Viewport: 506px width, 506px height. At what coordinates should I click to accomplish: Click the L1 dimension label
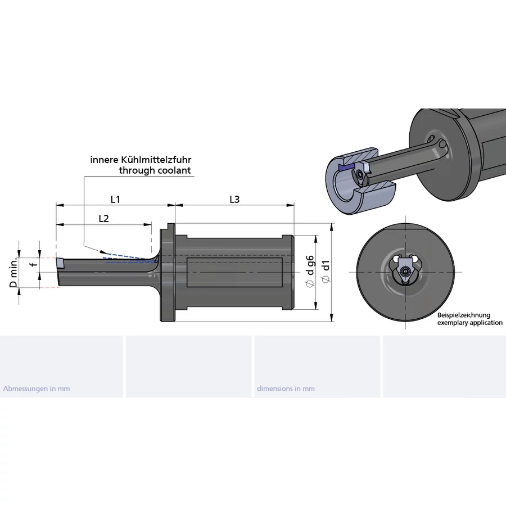(115, 199)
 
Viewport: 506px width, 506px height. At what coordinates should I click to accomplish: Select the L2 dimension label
(103, 219)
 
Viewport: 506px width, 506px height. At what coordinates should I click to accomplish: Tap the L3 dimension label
(235, 199)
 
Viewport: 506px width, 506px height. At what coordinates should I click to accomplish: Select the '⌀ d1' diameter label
(326, 273)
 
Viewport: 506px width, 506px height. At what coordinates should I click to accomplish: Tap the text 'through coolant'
(155, 170)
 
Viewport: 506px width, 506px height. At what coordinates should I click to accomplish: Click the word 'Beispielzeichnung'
(464, 315)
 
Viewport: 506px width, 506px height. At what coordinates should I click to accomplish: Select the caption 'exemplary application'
(470, 323)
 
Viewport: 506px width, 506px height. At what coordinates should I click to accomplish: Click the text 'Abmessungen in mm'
(37, 388)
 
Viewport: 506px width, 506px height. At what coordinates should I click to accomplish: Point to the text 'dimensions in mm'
(286, 388)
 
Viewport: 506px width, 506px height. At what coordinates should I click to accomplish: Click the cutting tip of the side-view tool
(60, 262)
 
